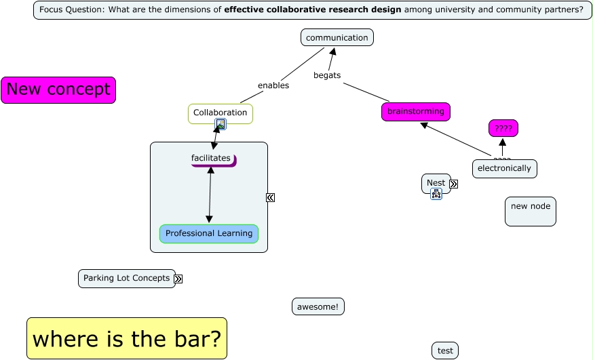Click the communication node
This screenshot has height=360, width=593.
pyautogui.click(x=337, y=38)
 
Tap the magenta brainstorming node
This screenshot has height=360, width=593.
pyautogui.click(x=415, y=112)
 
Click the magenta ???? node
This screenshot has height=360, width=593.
pyautogui.click(x=503, y=128)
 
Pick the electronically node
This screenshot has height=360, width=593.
pyautogui.click(x=504, y=169)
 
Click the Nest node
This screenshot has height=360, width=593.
pyautogui.click(x=436, y=182)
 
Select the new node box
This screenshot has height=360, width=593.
pyautogui.click(x=530, y=211)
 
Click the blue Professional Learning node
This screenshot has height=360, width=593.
pyautogui.click(x=209, y=234)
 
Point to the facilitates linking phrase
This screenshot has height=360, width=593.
pyautogui.click(x=211, y=159)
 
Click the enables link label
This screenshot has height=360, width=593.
pyautogui.click(x=273, y=85)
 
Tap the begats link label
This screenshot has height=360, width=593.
pyautogui.click(x=327, y=75)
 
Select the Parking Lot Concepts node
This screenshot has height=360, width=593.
pyautogui.click(x=126, y=279)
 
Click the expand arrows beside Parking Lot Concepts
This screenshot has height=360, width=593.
pyautogui.click(x=178, y=279)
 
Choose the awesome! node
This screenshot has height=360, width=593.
pyautogui.click(x=318, y=307)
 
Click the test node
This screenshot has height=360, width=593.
pyautogui.click(x=445, y=351)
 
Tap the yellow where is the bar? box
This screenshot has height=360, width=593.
pyautogui.click(x=126, y=338)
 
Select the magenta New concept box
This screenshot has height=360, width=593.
pyautogui.click(x=58, y=90)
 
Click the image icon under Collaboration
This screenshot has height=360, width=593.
pyautogui.click(x=221, y=124)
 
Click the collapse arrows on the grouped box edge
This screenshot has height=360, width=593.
pyautogui.click(x=270, y=197)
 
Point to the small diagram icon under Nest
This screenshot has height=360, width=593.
pyautogui.click(x=436, y=194)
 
